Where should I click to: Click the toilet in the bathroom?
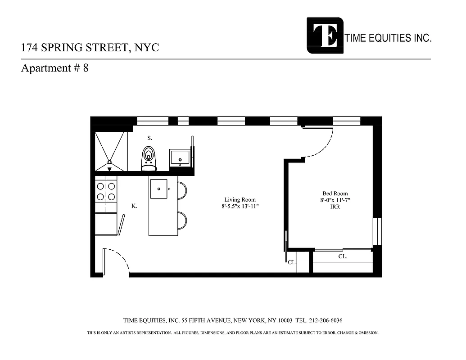point(148,159)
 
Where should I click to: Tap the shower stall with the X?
point(109,151)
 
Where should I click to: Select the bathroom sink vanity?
point(181,158)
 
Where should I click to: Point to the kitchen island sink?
point(158,188)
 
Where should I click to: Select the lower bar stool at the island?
point(182,220)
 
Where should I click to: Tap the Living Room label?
point(240,200)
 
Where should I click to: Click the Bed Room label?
point(335,193)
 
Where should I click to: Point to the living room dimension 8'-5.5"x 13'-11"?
point(240,207)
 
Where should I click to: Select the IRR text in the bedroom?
point(335,207)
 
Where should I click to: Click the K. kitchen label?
point(134,206)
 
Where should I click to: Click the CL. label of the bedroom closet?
point(343,256)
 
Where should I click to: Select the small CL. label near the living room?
point(292,262)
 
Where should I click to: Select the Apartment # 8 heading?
point(54,68)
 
